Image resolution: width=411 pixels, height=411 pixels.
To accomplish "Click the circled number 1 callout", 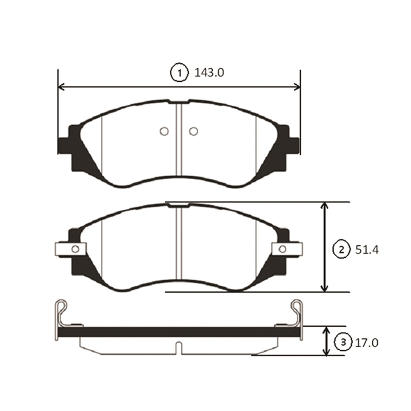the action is tap(180, 73).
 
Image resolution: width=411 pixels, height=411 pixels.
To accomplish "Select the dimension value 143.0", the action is tap(209, 73).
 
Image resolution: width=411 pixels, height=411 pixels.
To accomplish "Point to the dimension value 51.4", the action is tap(367, 250).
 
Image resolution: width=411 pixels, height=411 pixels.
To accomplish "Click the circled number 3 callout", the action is tap(343, 342).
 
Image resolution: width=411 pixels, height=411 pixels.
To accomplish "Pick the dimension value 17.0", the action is tap(367, 343).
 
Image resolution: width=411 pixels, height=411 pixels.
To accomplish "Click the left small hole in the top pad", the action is tap(164, 131).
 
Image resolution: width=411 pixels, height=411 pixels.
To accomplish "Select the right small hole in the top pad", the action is tap(194, 131).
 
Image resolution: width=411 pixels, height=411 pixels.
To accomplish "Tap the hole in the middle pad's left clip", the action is tap(75, 249).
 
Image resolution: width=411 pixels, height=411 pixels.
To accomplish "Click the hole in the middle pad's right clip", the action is tap(283, 249).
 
